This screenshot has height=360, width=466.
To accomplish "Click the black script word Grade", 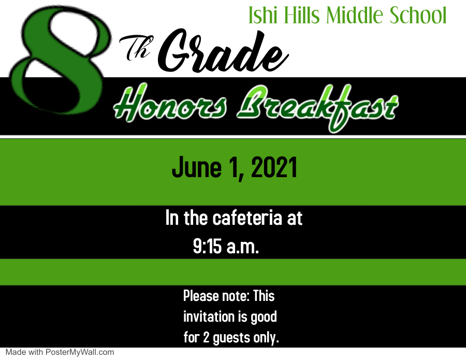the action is coord(223,51).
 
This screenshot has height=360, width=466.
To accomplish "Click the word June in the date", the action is coord(197,168).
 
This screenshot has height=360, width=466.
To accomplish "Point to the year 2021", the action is coord(274,168).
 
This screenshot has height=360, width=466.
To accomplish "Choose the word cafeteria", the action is coord(247,218).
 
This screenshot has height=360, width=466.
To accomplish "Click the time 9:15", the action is coord(208,246).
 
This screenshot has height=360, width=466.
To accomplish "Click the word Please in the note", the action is coord(200,296).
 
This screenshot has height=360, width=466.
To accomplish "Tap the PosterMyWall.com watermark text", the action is coord(80,352).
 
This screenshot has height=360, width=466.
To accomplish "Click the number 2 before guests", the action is coord(206,337).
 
